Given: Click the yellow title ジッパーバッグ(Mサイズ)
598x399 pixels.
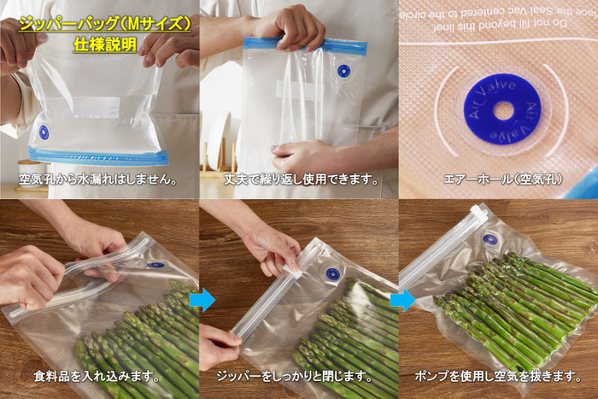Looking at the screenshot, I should click(105, 23).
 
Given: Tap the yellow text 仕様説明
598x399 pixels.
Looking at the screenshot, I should click(105, 43).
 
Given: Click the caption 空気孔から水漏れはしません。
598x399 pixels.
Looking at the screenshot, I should click(98, 179).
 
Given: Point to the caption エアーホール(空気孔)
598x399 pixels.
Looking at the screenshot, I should click(497, 179).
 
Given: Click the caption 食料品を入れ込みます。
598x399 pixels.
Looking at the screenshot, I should click(99, 376).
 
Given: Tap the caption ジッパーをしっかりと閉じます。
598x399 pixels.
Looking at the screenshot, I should click(299, 376).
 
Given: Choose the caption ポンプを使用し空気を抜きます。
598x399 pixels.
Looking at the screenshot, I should click(498, 376).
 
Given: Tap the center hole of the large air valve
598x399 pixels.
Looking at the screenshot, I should click(503, 111).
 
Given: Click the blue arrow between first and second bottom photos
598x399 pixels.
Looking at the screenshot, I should click(202, 300).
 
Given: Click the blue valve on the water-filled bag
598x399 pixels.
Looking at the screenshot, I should click(44, 132).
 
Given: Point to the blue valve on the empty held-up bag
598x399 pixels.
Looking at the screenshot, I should click(343, 71).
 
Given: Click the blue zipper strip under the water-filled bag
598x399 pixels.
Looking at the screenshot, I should click(98, 156).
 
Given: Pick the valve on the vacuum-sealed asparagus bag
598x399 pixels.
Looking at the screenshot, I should click(490, 240).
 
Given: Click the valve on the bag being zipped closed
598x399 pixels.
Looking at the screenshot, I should click(332, 274).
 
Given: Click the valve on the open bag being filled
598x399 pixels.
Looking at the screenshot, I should click(155, 265).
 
